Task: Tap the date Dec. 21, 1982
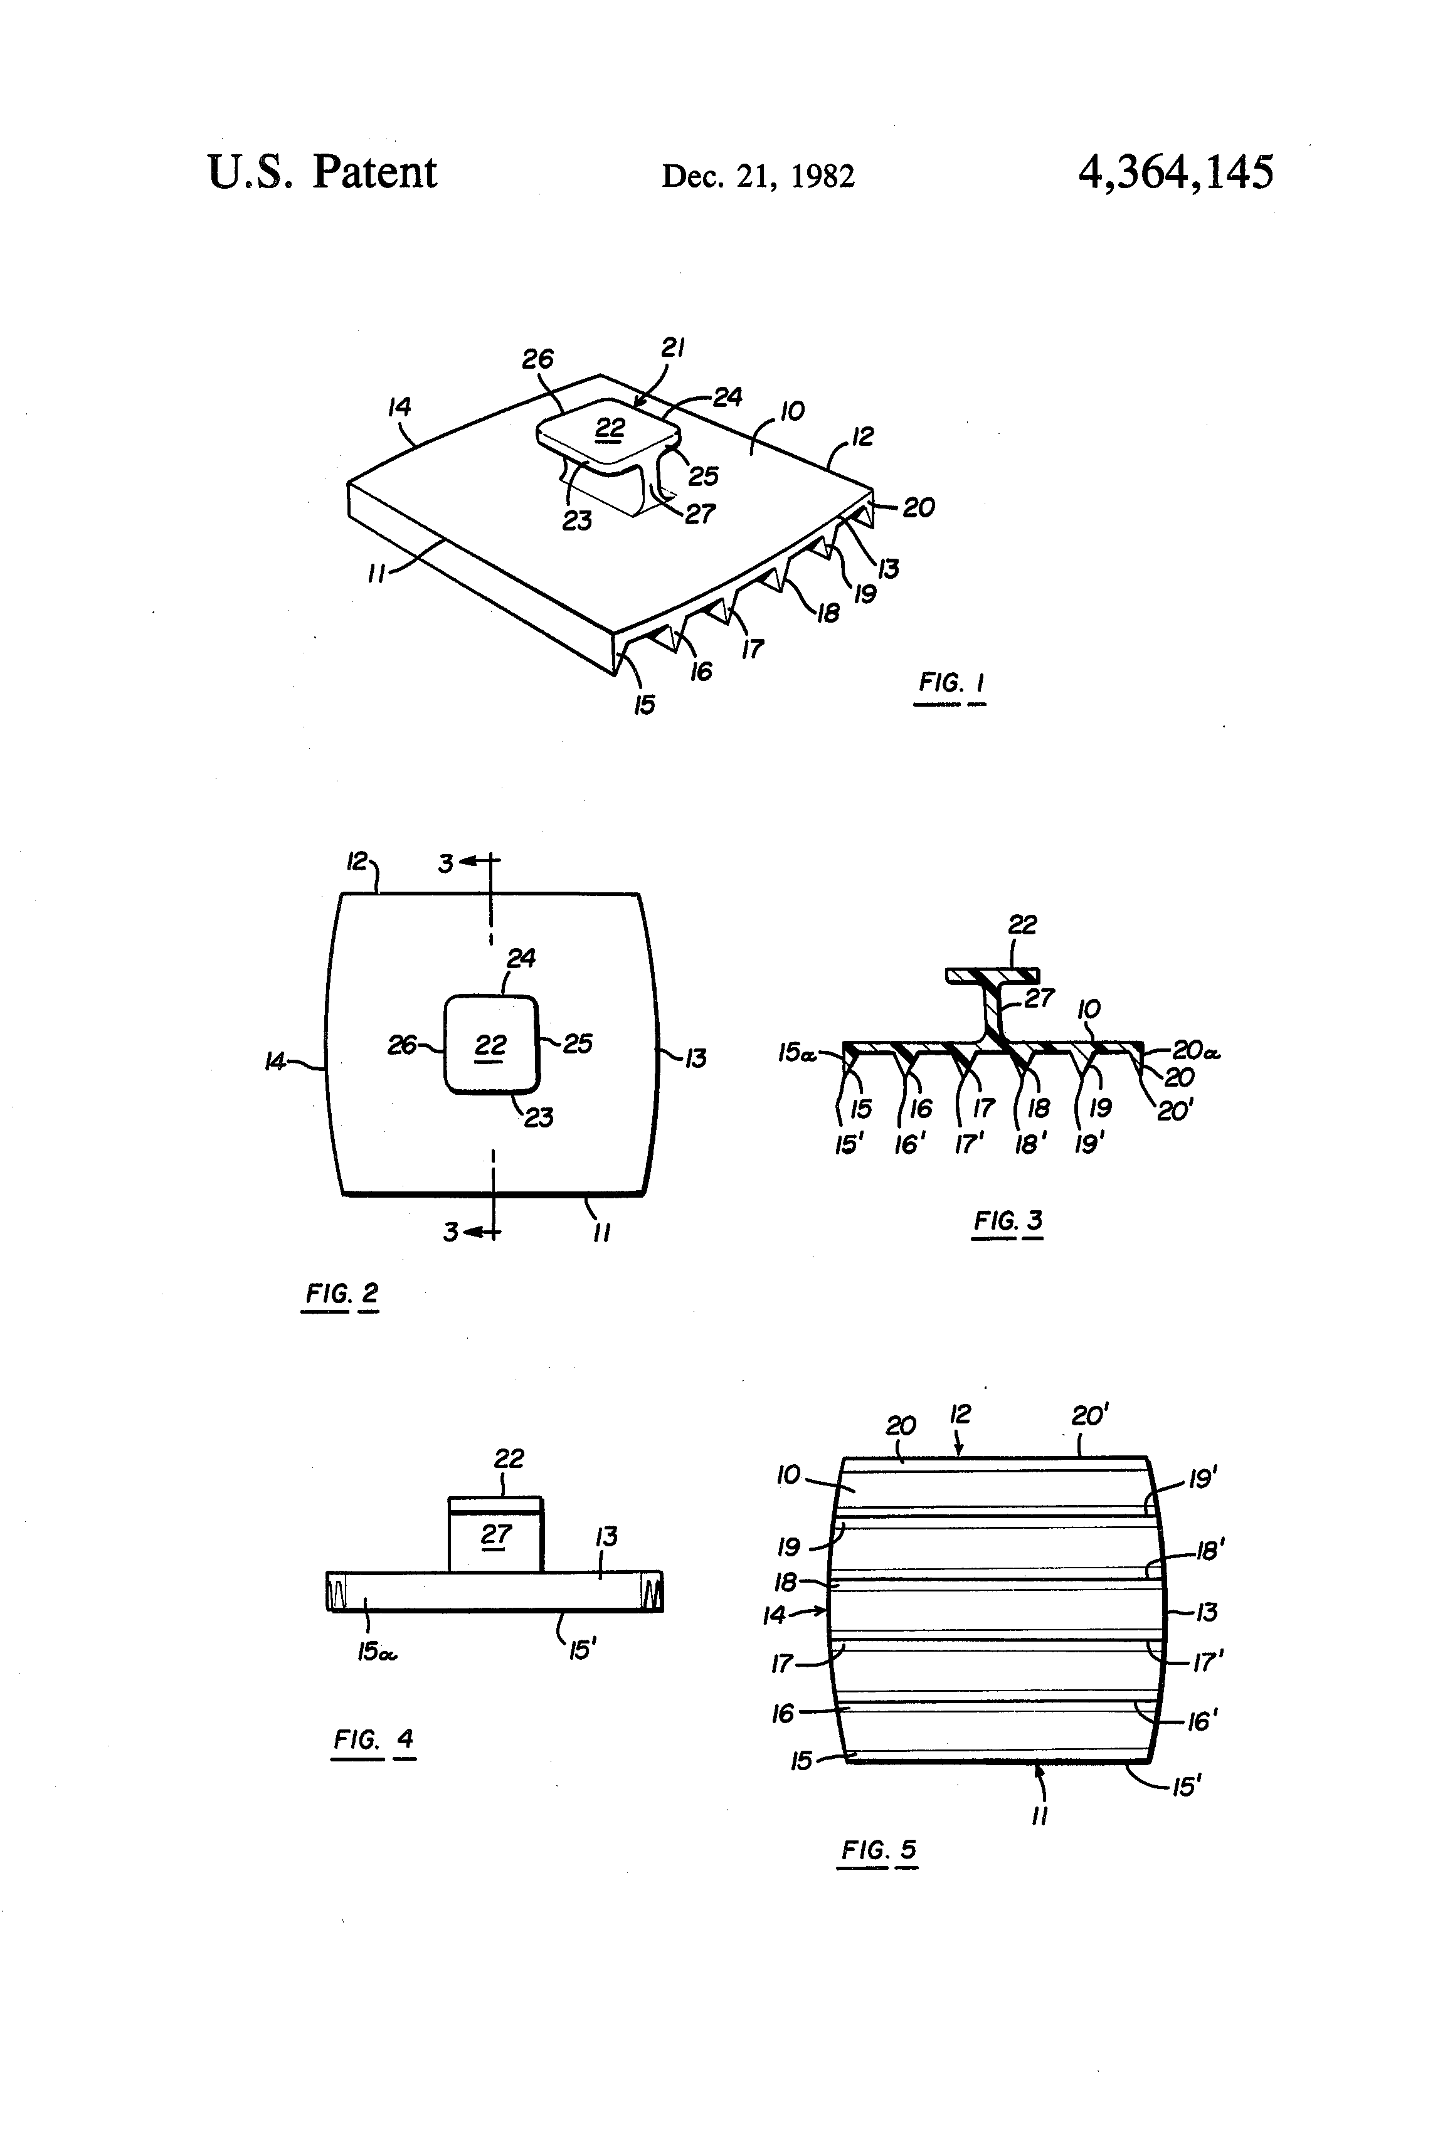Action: pyautogui.click(x=758, y=176)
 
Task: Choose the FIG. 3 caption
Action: pyautogui.click(x=1008, y=1221)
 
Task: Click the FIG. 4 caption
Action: pyautogui.click(x=373, y=1739)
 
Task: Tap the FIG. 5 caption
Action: pyautogui.click(x=879, y=1849)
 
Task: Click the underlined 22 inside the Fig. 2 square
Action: pyautogui.click(x=490, y=1045)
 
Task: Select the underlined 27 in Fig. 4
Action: pyautogui.click(x=495, y=1534)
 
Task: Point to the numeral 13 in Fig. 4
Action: pyautogui.click(x=606, y=1536)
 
